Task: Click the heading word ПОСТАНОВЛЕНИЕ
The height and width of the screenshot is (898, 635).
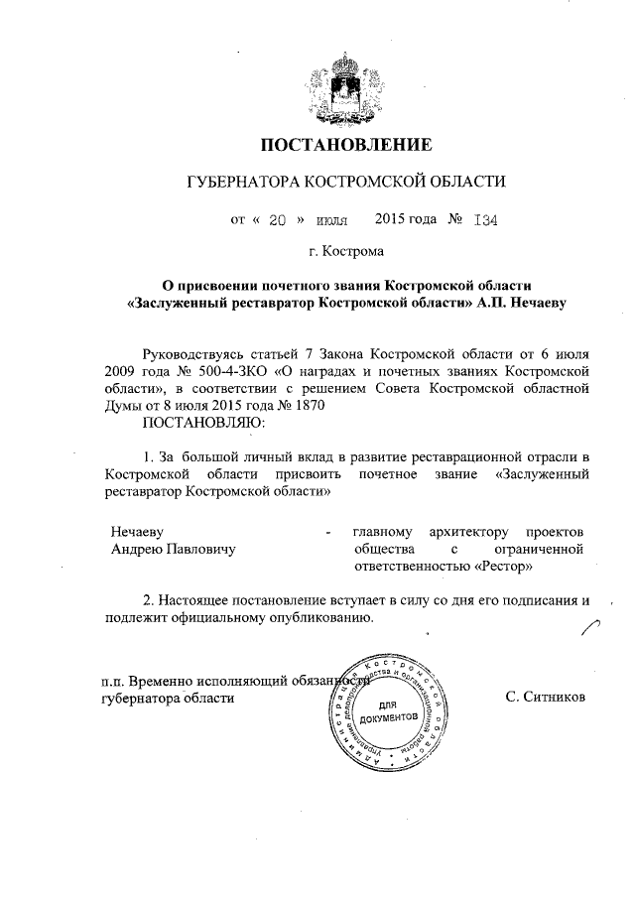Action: (346, 145)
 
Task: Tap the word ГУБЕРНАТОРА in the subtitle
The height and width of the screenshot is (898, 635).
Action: (244, 183)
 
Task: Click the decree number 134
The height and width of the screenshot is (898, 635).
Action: (484, 220)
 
